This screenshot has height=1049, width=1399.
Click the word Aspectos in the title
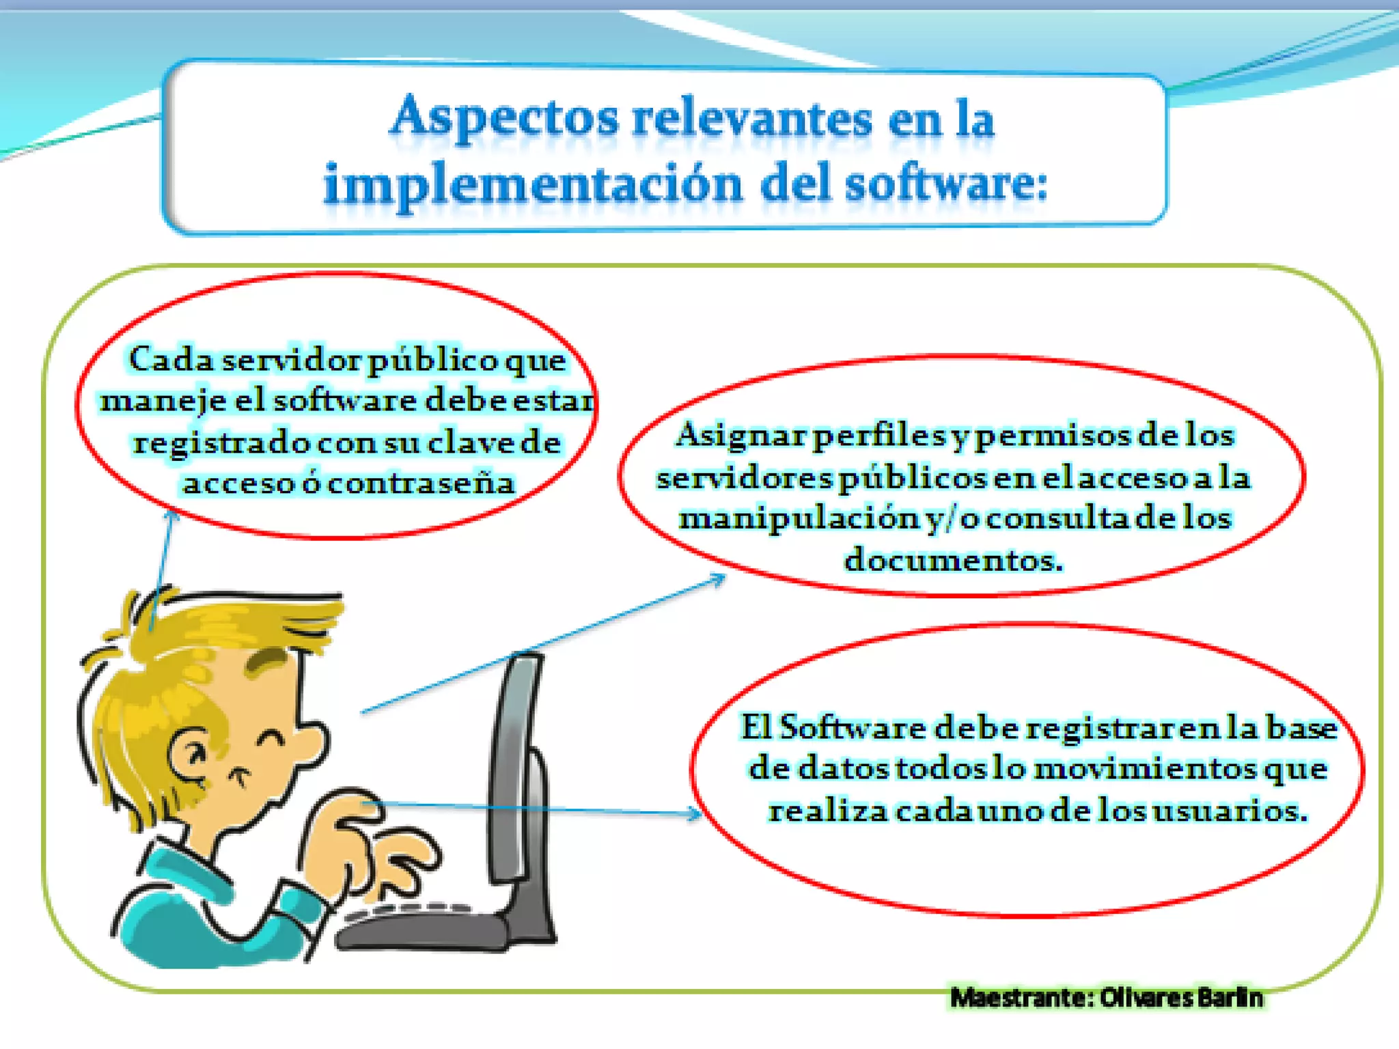pos(504,118)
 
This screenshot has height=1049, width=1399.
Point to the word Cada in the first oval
pos(171,359)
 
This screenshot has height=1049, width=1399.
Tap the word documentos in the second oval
pos(953,560)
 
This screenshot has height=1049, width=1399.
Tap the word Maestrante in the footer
pos(1022,998)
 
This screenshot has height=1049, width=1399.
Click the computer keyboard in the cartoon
pos(424,925)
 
